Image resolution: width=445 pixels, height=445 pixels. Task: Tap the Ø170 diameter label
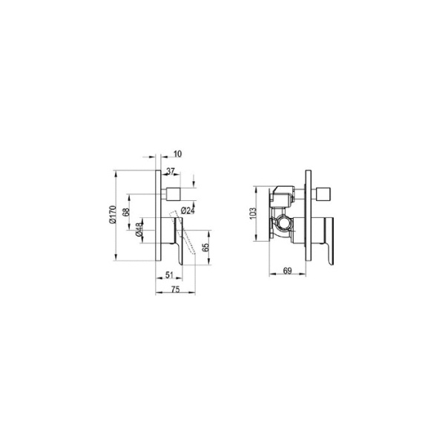[111, 215]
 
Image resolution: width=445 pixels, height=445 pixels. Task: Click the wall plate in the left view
[158, 215]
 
